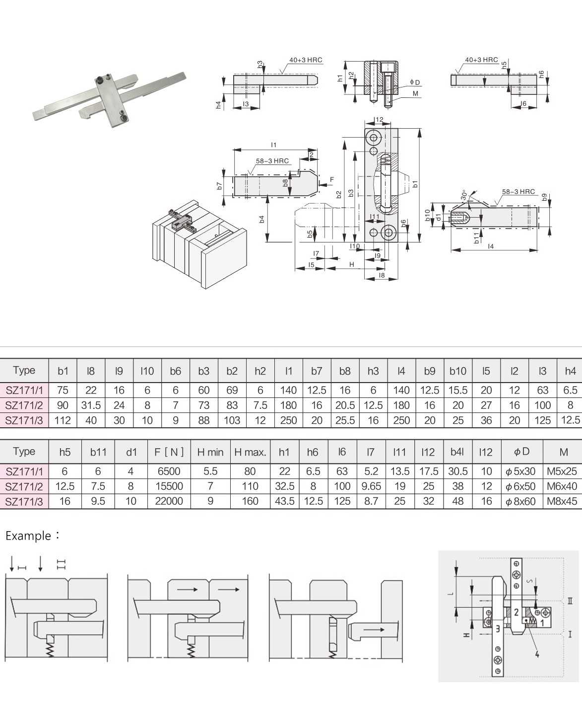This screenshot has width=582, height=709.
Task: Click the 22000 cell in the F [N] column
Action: click(169, 501)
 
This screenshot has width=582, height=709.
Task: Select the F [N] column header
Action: click(169, 452)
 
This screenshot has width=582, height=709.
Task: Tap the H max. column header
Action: click(250, 452)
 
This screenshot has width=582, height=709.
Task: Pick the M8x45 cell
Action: click(563, 501)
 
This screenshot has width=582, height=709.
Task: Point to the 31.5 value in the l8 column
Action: click(91, 405)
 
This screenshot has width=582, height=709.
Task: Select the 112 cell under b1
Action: click(63, 420)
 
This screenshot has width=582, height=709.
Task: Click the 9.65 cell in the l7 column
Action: click(371, 486)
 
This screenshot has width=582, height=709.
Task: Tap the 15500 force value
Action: click(169, 486)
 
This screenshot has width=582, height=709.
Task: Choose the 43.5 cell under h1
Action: click(284, 501)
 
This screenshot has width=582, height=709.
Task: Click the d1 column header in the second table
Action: click(131, 452)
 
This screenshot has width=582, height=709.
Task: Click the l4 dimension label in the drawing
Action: click(491, 246)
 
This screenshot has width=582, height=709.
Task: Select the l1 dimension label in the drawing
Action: click(274, 145)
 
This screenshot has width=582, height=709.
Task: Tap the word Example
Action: click(28, 536)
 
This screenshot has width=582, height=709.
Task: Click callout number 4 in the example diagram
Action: click(537, 654)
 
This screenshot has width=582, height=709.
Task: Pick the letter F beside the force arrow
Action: click(332, 179)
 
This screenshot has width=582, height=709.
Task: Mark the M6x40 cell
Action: click(563, 486)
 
